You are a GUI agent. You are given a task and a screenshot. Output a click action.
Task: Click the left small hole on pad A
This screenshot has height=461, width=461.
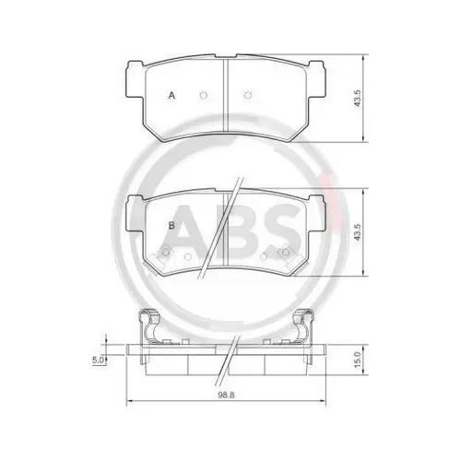202,95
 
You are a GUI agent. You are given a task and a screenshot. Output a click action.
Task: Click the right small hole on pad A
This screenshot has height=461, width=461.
247,95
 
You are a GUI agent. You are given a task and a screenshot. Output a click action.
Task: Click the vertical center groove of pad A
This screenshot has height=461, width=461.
225,92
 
